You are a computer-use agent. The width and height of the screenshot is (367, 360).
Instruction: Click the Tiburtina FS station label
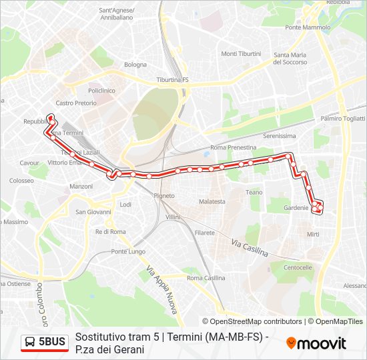coord(173,80)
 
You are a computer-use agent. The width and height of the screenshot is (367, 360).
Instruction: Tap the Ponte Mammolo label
coord(308,28)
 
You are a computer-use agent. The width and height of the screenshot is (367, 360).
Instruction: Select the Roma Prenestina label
coord(233,147)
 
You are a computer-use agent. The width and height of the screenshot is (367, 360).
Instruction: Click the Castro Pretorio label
coord(76,103)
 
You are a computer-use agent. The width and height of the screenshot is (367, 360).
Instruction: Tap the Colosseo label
coord(21,181)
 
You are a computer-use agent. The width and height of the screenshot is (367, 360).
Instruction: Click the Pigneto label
coord(164,196)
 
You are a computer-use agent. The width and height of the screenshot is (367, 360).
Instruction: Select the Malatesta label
coord(212,201)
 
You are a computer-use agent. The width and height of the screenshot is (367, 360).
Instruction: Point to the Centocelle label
coord(298,267)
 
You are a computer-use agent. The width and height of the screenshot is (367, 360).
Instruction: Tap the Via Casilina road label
coord(250,248)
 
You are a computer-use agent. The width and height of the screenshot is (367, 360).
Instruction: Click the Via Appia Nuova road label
coord(161,291)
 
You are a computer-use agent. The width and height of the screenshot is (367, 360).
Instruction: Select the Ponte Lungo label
coord(128,251)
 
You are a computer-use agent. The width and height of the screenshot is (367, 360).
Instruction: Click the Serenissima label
coord(279,135)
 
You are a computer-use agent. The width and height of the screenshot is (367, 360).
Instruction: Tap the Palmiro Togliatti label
coord(342,119)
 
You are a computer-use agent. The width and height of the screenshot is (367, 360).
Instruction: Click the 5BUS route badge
coord(45,343)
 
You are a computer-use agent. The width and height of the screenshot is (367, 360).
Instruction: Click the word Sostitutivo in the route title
coord(97,337)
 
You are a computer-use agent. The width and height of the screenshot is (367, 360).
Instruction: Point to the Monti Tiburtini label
coord(241,54)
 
